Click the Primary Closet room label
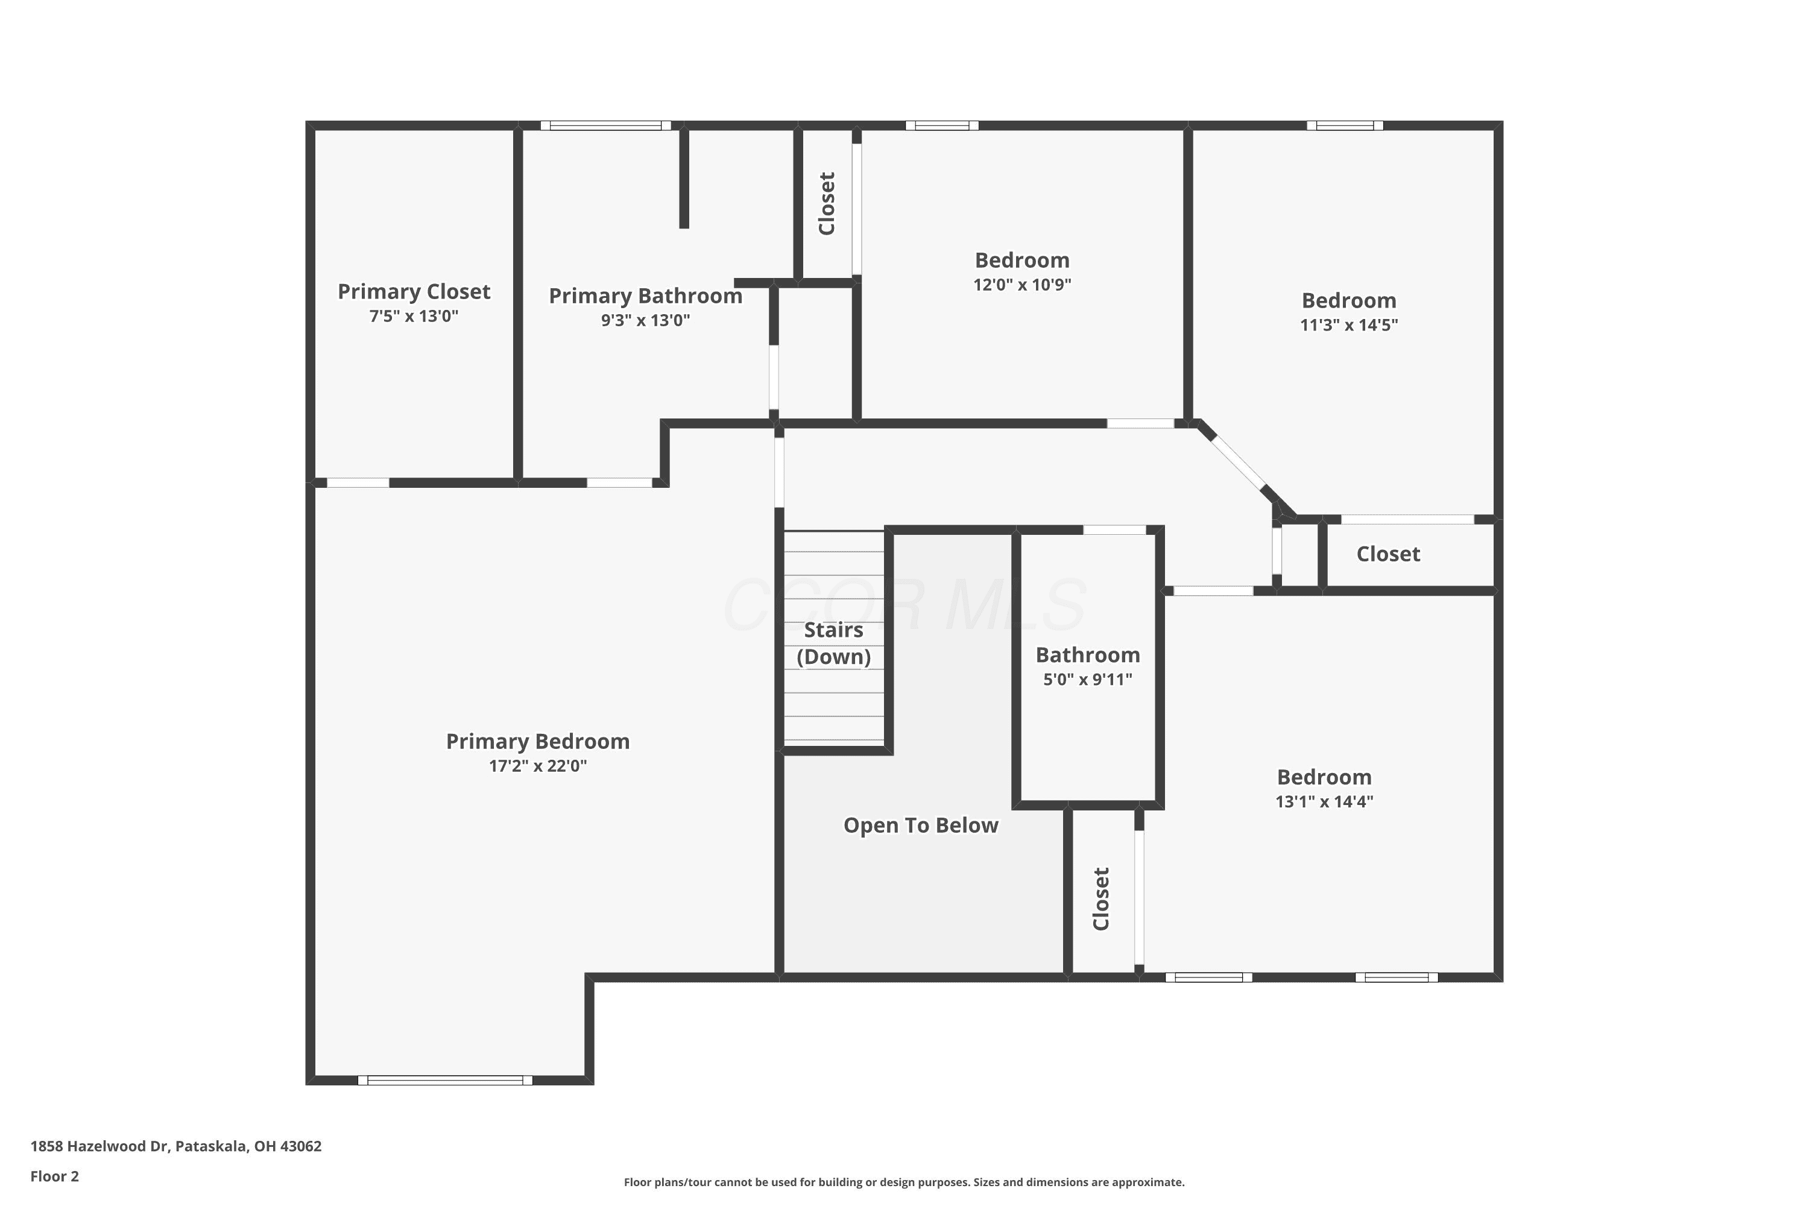click(x=414, y=291)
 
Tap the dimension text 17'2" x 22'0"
click(x=538, y=766)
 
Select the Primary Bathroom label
click(x=645, y=296)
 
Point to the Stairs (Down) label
click(x=834, y=643)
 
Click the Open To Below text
click(x=921, y=826)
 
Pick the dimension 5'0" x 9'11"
click(x=1088, y=680)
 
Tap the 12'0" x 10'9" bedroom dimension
click(x=1022, y=285)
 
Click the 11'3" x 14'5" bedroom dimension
click(x=1349, y=324)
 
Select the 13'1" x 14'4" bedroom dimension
click(x=1324, y=801)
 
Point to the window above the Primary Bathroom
click(x=606, y=125)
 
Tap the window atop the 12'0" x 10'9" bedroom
click(x=942, y=125)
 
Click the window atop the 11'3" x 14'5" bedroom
click(x=1345, y=125)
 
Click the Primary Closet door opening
click(x=358, y=483)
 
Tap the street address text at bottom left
click(x=176, y=1146)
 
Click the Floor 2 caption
click(x=55, y=1176)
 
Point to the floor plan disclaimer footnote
click(x=904, y=1182)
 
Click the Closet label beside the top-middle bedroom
click(x=827, y=204)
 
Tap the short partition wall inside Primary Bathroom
click(x=684, y=178)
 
